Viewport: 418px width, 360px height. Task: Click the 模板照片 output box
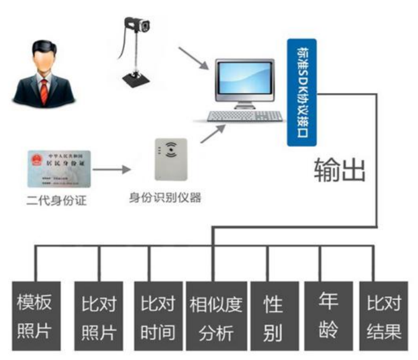click(35, 317)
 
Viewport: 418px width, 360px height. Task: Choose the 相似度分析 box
click(216, 317)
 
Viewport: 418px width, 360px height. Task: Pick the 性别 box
click(273, 317)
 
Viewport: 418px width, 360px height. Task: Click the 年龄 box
click(328, 317)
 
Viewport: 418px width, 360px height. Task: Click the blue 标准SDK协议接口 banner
click(302, 92)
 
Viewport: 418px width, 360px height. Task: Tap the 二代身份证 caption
click(57, 200)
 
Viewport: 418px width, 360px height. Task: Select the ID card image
click(59, 169)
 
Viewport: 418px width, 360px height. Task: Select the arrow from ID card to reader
click(112, 168)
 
